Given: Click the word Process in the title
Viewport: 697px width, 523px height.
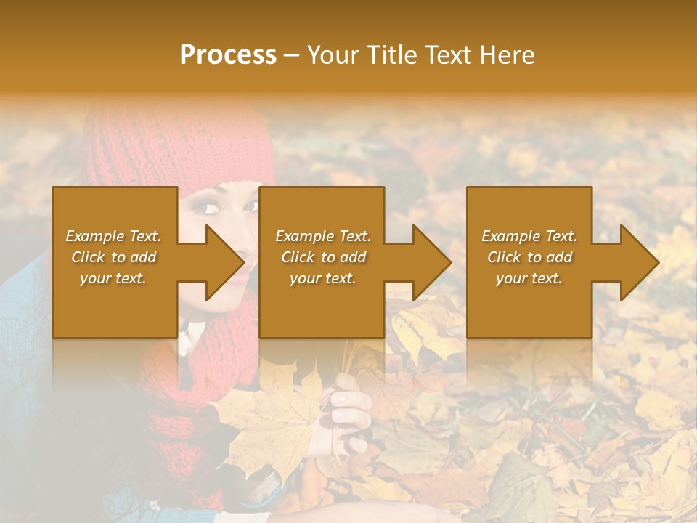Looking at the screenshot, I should click(228, 55).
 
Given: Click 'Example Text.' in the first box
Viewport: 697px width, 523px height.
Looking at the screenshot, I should click(114, 236).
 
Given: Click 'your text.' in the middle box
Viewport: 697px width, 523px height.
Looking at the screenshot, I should click(322, 278).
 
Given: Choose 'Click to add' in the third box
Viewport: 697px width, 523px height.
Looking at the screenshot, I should click(529, 257).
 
